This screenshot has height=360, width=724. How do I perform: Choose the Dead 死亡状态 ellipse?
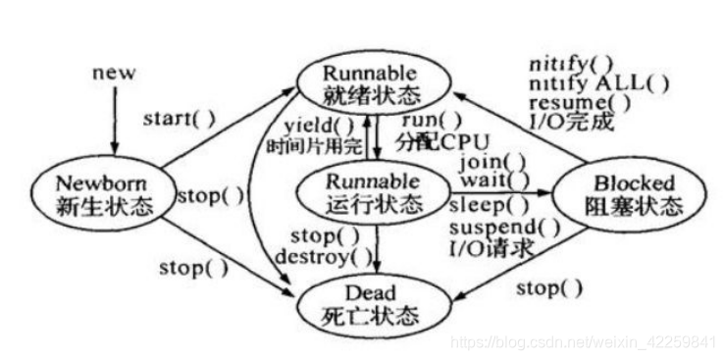[x=371, y=304]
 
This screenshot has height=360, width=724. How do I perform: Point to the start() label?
[x=178, y=118]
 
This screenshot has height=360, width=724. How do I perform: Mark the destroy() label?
[x=336, y=259]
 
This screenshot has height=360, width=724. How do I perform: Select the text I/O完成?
[x=563, y=121]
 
